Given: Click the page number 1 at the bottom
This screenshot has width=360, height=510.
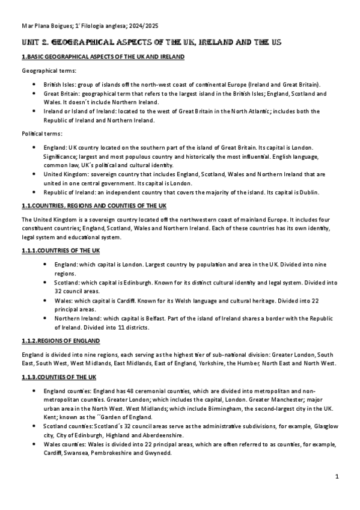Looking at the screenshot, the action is tap(338, 477).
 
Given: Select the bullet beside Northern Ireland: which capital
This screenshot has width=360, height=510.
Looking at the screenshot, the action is tap(46, 318).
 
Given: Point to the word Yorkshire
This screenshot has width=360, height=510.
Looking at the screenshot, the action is tap(217, 363).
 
